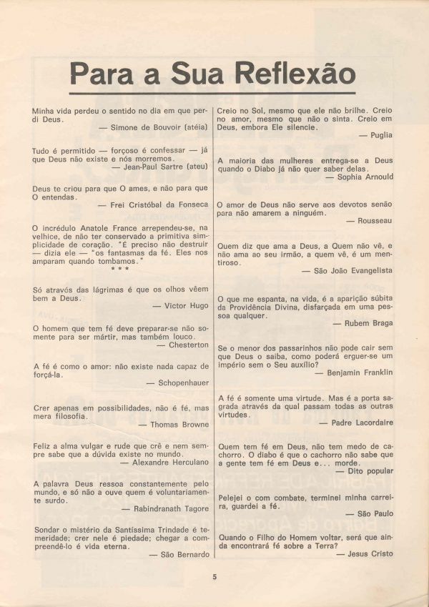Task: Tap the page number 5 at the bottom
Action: point(214,577)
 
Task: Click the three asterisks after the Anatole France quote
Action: point(120,269)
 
